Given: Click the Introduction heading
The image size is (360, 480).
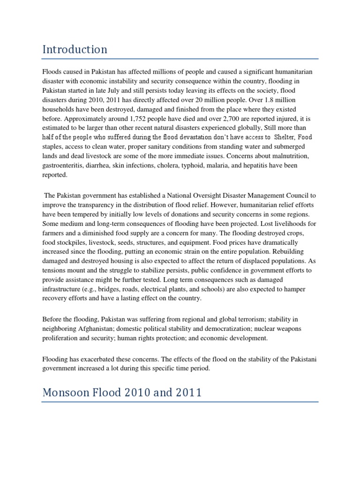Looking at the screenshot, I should pos(75,49).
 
